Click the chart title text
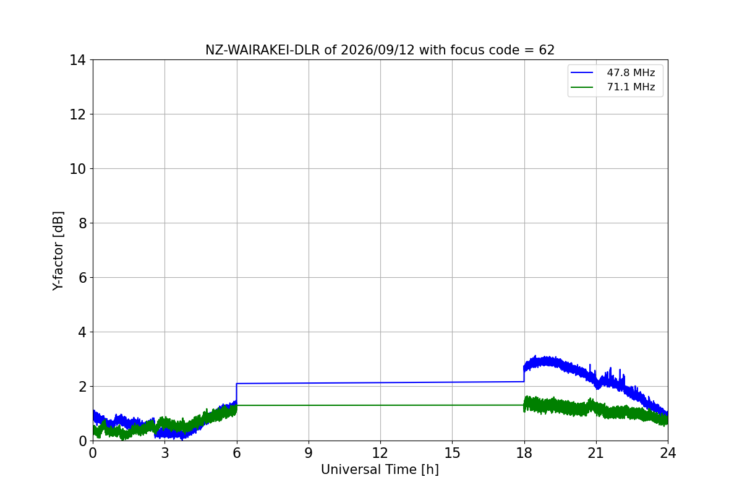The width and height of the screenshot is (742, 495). (x=380, y=50)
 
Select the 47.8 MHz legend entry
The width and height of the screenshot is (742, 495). (x=613, y=72)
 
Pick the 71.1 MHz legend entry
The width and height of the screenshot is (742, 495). (x=613, y=87)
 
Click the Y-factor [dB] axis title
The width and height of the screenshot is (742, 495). (x=58, y=251)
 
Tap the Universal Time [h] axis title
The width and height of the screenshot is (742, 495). (x=380, y=470)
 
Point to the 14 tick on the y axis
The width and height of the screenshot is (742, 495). (x=77, y=60)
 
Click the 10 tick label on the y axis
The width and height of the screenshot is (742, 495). (x=77, y=169)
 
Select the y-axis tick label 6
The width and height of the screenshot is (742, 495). (x=82, y=278)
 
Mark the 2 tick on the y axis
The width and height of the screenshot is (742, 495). (x=82, y=387)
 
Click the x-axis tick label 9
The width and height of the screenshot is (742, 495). (x=309, y=453)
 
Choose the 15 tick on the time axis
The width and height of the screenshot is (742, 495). (x=453, y=453)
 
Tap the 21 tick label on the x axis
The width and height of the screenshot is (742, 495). (x=596, y=453)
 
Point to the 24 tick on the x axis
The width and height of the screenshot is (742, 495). (x=668, y=453)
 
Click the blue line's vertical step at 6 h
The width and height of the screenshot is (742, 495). (x=236, y=393)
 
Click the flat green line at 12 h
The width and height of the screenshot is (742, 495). (x=380, y=405)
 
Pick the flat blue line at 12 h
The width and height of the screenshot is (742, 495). (x=380, y=382)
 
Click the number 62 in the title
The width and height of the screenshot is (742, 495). (x=547, y=50)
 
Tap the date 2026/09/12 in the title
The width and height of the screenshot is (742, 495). (x=378, y=50)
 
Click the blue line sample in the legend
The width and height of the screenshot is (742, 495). (x=582, y=72)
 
